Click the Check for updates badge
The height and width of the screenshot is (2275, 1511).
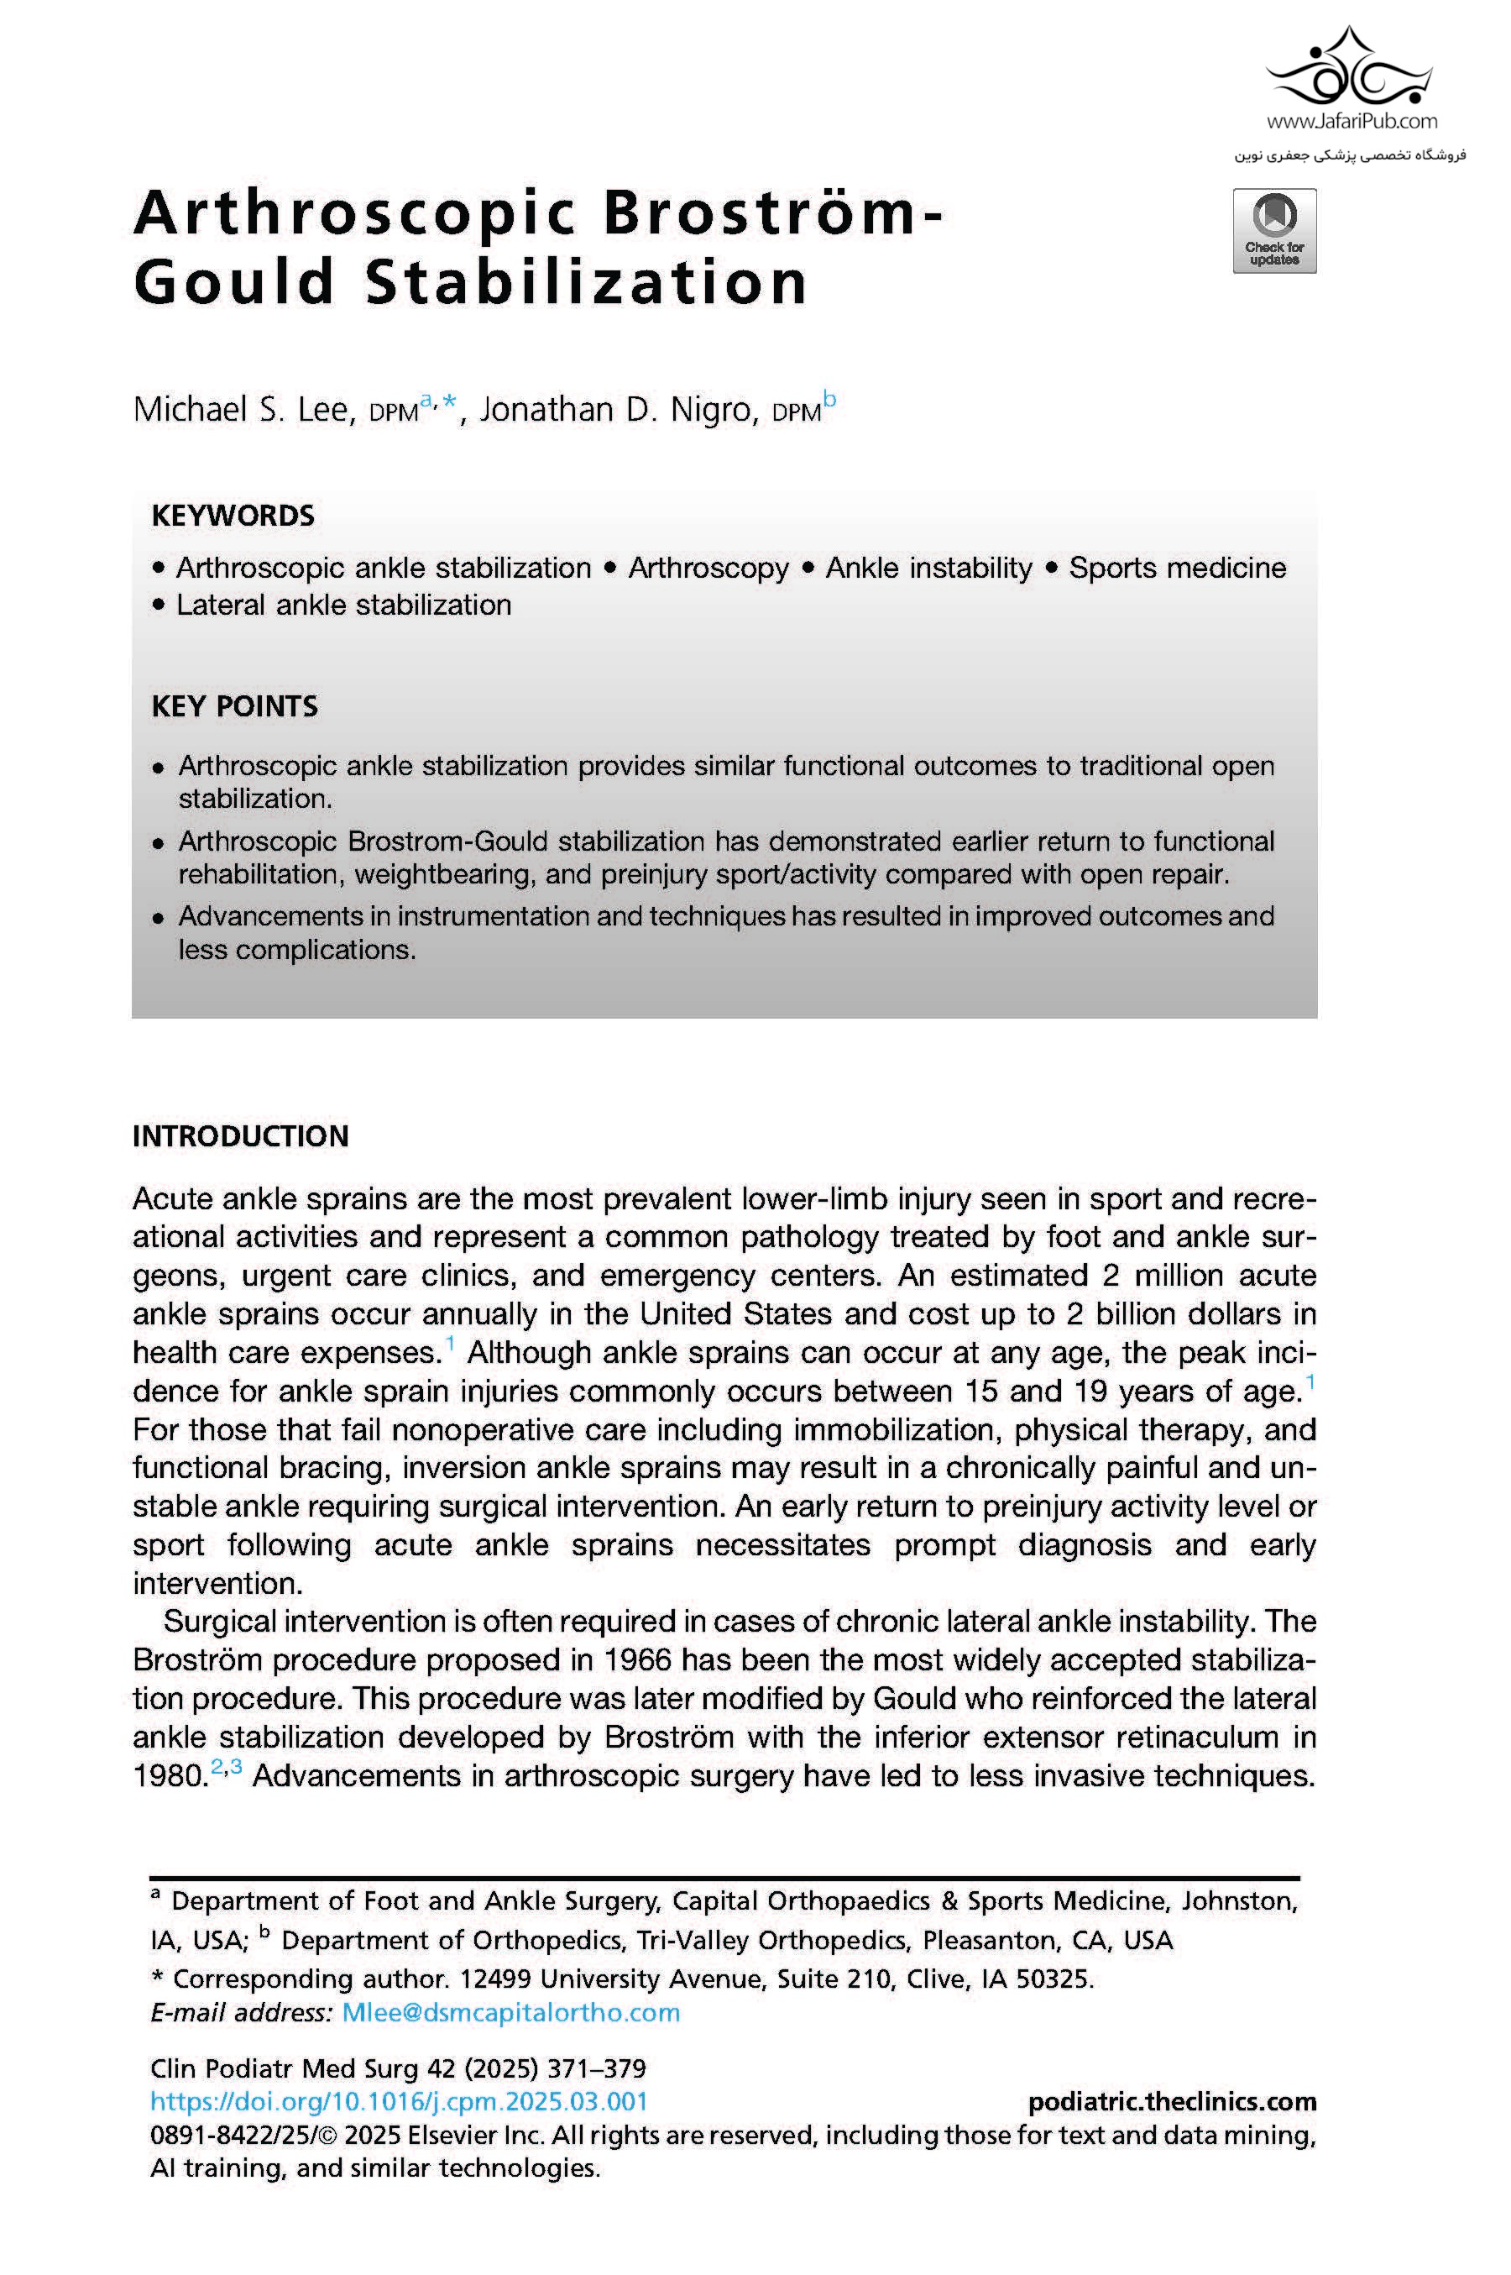pyautogui.click(x=1274, y=231)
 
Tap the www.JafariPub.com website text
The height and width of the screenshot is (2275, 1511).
pyautogui.click(x=1351, y=122)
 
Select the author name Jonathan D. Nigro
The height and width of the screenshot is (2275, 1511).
pyautogui.click(x=616, y=410)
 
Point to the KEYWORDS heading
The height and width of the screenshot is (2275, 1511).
pyautogui.click(x=233, y=516)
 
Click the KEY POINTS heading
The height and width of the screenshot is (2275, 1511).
pyautogui.click(x=234, y=706)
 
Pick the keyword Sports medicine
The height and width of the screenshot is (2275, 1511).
pyautogui.click(x=1177, y=568)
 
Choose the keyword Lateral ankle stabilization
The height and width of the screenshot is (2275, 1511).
pyautogui.click(x=343, y=605)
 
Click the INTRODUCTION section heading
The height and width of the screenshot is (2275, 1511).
pyautogui.click(x=240, y=1135)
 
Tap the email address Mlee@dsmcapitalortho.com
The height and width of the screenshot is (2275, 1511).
pyautogui.click(x=510, y=2013)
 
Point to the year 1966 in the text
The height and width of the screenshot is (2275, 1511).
pyautogui.click(x=637, y=1660)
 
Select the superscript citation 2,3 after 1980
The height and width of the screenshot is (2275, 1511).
pyautogui.click(x=227, y=1767)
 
